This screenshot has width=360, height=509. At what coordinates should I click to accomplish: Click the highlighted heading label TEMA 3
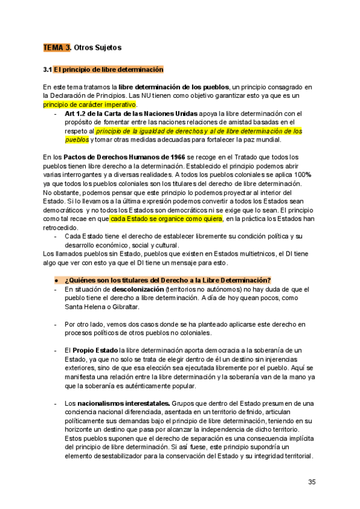57,47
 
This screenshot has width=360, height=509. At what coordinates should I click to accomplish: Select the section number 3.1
48,70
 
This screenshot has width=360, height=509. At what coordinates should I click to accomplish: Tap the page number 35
311,482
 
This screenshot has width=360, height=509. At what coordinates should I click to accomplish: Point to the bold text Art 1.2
77,113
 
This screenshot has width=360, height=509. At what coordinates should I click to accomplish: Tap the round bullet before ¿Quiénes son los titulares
56,280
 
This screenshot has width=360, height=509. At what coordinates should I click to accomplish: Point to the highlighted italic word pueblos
77,139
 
